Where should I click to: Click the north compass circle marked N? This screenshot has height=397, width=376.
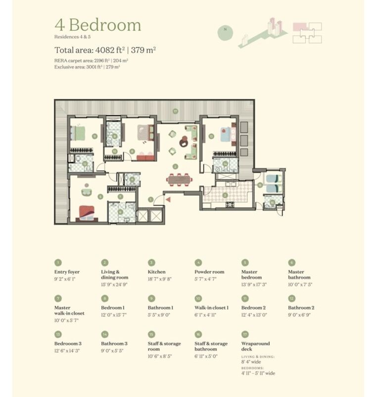(x=225, y=29)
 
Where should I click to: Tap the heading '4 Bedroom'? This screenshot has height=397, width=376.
(x=97, y=25)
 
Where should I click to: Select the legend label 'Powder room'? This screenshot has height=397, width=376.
(x=209, y=272)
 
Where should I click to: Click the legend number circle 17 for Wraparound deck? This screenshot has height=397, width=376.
(x=245, y=334)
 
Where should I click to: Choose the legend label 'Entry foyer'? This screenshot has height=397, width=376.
(x=67, y=272)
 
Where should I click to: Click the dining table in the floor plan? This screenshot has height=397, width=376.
(x=178, y=178)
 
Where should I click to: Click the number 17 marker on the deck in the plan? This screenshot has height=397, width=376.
(x=175, y=110)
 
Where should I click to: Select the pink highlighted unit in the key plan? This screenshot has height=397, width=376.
(x=298, y=27)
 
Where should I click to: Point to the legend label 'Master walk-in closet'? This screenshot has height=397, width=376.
(x=69, y=311)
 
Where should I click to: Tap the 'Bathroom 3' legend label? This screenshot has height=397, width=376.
(x=115, y=343)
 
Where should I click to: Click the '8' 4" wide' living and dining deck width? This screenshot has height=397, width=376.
(x=251, y=362)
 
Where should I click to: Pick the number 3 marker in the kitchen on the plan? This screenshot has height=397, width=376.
(x=225, y=195)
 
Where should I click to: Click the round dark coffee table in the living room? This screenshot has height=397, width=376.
(x=183, y=141)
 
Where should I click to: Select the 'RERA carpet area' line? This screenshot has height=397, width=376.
(x=92, y=59)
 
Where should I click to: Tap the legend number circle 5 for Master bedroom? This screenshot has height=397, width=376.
(x=245, y=263)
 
